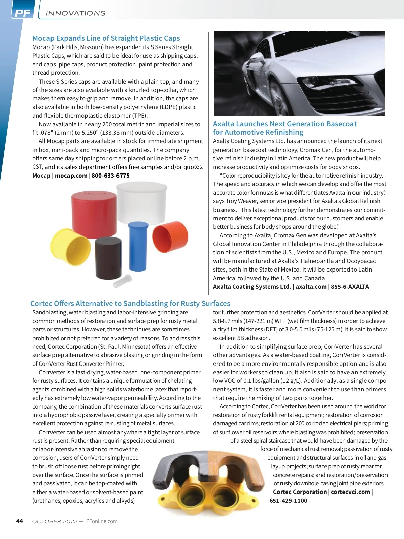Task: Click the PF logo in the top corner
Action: point(23,13)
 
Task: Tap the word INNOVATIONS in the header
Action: point(75,13)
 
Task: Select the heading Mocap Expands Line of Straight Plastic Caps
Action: point(106,38)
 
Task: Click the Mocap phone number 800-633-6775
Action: point(110,176)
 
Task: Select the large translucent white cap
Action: point(142,202)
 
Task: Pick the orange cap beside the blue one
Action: point(170,237)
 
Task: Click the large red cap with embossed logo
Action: point(94,211)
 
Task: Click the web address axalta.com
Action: point(311,287)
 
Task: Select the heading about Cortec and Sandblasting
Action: point(130,304)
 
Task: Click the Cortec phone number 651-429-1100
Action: point(289,501)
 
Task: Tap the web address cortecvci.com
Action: point(350,492)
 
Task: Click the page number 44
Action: point(20,521)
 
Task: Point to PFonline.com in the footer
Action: point(102,521)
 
